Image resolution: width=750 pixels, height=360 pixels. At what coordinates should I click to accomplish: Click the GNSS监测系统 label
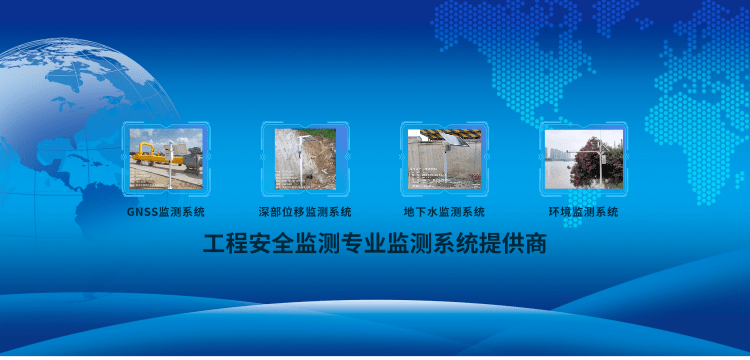pyautogui.click(x=166, y=212)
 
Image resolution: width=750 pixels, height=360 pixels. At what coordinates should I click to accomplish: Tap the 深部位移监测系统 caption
pyautogui.click(x=305, y=212)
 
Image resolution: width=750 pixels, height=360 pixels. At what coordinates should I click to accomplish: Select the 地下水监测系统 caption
pyautogui.click(x=444, y=212)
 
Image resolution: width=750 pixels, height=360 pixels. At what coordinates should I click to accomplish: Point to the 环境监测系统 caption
pyautogui.click(x=584, y=212)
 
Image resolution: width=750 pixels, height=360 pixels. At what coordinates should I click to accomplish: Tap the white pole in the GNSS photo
pyautogui.click(x=170, y=165)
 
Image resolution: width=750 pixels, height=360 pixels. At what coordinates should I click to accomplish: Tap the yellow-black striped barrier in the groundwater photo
pyautogui.click(x=444, y=133)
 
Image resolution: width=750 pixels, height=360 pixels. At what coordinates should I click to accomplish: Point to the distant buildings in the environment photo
pyautogui.click(x=557, y=153)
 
